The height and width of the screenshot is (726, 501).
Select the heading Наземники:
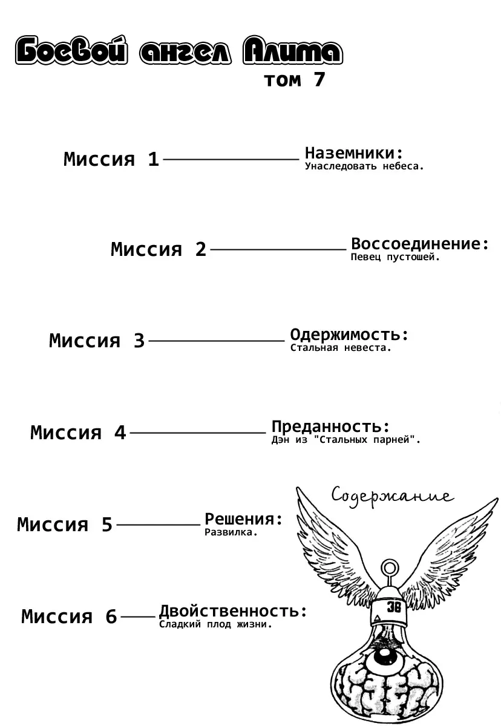click(353, 153)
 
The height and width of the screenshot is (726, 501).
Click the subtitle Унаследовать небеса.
click(364, 166)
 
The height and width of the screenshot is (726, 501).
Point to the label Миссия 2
click(159, 249)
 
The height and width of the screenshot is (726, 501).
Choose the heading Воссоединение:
click(420, 244)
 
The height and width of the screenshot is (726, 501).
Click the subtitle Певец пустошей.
click(395, 257)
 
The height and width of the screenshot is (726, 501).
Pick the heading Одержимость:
click(350, 335)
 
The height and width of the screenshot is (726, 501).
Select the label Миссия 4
click(78, 433)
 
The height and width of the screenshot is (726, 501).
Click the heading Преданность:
click(330, 427)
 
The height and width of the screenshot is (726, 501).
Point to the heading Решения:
click(244, 519)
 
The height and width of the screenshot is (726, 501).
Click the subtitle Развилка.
click(231, 532)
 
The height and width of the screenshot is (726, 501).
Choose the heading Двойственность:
click(233, 611)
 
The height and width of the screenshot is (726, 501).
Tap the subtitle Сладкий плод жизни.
click(215, 624)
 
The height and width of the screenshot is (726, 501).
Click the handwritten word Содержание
click(392, 496)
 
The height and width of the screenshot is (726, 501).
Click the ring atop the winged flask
click(391, 569)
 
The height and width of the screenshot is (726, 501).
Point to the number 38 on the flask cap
click(393, 608)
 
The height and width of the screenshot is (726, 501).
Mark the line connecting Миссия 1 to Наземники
click(231, 159)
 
